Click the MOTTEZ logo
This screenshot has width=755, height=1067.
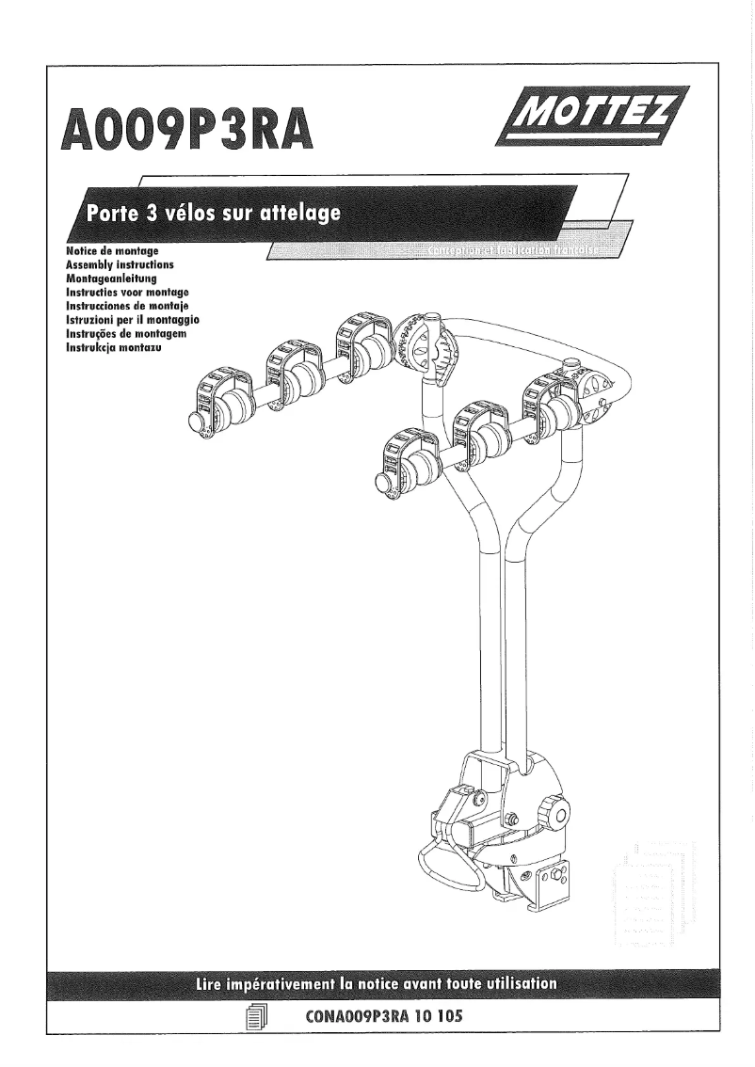(594, 116)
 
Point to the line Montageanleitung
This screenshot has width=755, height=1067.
(111, 279)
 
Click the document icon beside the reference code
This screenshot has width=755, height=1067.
(255, 1018)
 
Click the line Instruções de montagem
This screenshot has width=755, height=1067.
(122, 334)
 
